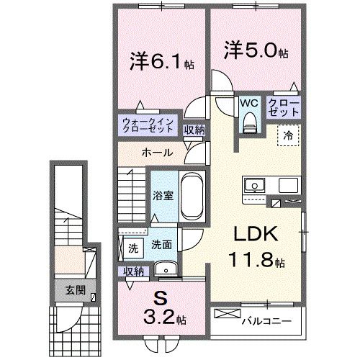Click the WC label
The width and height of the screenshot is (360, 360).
coord(248,103)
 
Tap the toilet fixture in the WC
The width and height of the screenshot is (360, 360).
coord(249,124)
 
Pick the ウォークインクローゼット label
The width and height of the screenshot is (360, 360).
coord(148,125)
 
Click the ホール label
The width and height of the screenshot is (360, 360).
coord(156,152)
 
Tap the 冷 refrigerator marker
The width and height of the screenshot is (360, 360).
coord(287,133)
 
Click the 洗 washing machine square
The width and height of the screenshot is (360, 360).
coord(133,248)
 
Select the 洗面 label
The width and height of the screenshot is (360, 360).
coord(161,245)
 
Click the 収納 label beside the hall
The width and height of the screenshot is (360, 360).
coord(193,130)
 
